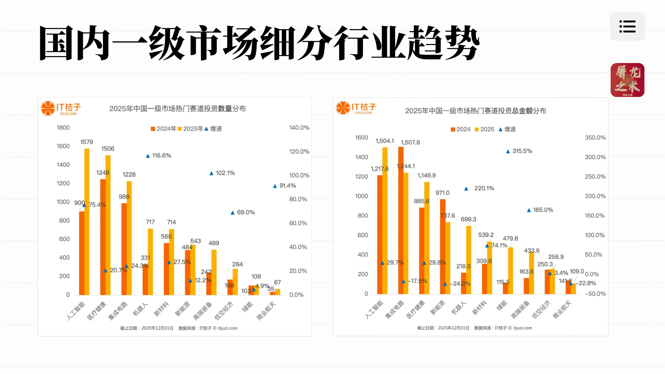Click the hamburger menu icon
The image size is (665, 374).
pyautogui.click(x=627, y=27)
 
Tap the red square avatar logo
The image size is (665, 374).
pyautogui.click(x=627, y=80)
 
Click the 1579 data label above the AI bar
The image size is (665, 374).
pyautogui.click(x=87, y=142)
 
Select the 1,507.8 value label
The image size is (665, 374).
pyautogui.click(x=410, y=143)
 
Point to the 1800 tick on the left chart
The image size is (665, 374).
pyautogui.click(x=63, y=128)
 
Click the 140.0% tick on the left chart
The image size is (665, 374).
pyautogui.click(x=299, y=128)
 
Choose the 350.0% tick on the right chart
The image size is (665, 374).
pyautogui.click(x=595, y=138)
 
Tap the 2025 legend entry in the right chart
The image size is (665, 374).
pyautogui.click(x=484, y=130)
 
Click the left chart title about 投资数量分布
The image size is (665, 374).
pyautogui.click(x=177, y=109)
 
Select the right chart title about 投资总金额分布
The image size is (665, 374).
pyautogui.click(x=476, y=111)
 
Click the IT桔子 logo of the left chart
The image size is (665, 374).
pyautogui.click(x=61, y=108)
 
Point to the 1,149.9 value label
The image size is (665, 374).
pyautogui.click(x=426, y=176)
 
